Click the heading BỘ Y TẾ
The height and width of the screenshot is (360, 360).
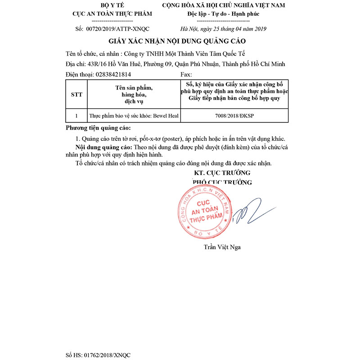(112, 5)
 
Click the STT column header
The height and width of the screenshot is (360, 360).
(76, 95)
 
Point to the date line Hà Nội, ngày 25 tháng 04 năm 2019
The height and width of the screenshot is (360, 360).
(223, 29)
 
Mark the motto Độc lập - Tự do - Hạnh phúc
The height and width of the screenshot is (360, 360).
(223, 13)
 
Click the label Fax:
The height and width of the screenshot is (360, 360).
(186, 74)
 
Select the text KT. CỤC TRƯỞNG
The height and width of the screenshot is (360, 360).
(222, 172)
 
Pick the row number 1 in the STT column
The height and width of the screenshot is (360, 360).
(76, 116)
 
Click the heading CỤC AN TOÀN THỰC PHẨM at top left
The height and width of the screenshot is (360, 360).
(112, 13)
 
